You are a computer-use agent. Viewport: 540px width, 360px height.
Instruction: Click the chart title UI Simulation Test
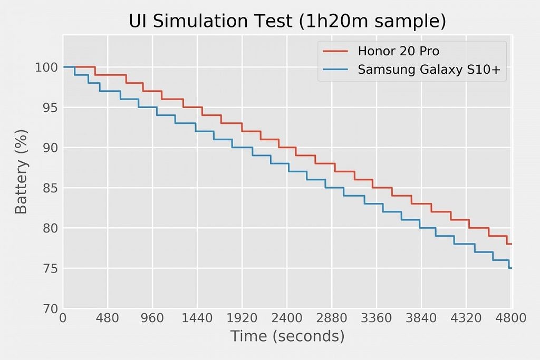point(287,21)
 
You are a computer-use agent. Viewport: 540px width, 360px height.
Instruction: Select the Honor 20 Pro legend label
point(398,51)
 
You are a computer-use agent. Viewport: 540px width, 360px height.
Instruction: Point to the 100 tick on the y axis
point(46,67)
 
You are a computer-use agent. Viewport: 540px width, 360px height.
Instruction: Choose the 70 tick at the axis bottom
point(49,309)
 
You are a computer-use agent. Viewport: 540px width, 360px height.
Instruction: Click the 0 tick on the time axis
point(63,318)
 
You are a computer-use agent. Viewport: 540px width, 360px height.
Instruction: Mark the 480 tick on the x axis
point(108,318)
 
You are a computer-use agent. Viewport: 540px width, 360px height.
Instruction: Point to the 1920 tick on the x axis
point(242,318)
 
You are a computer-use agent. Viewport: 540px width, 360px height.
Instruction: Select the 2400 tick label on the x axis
point(287,318)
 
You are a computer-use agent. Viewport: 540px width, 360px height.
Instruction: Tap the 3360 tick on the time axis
point(377,318)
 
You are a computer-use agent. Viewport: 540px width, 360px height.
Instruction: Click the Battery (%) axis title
point(21,171)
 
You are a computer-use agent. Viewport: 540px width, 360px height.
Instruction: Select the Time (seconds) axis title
point(287,336)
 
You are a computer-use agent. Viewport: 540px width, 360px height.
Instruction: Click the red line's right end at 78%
point(510,244)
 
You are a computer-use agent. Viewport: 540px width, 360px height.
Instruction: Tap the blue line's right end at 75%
point(510,268)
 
